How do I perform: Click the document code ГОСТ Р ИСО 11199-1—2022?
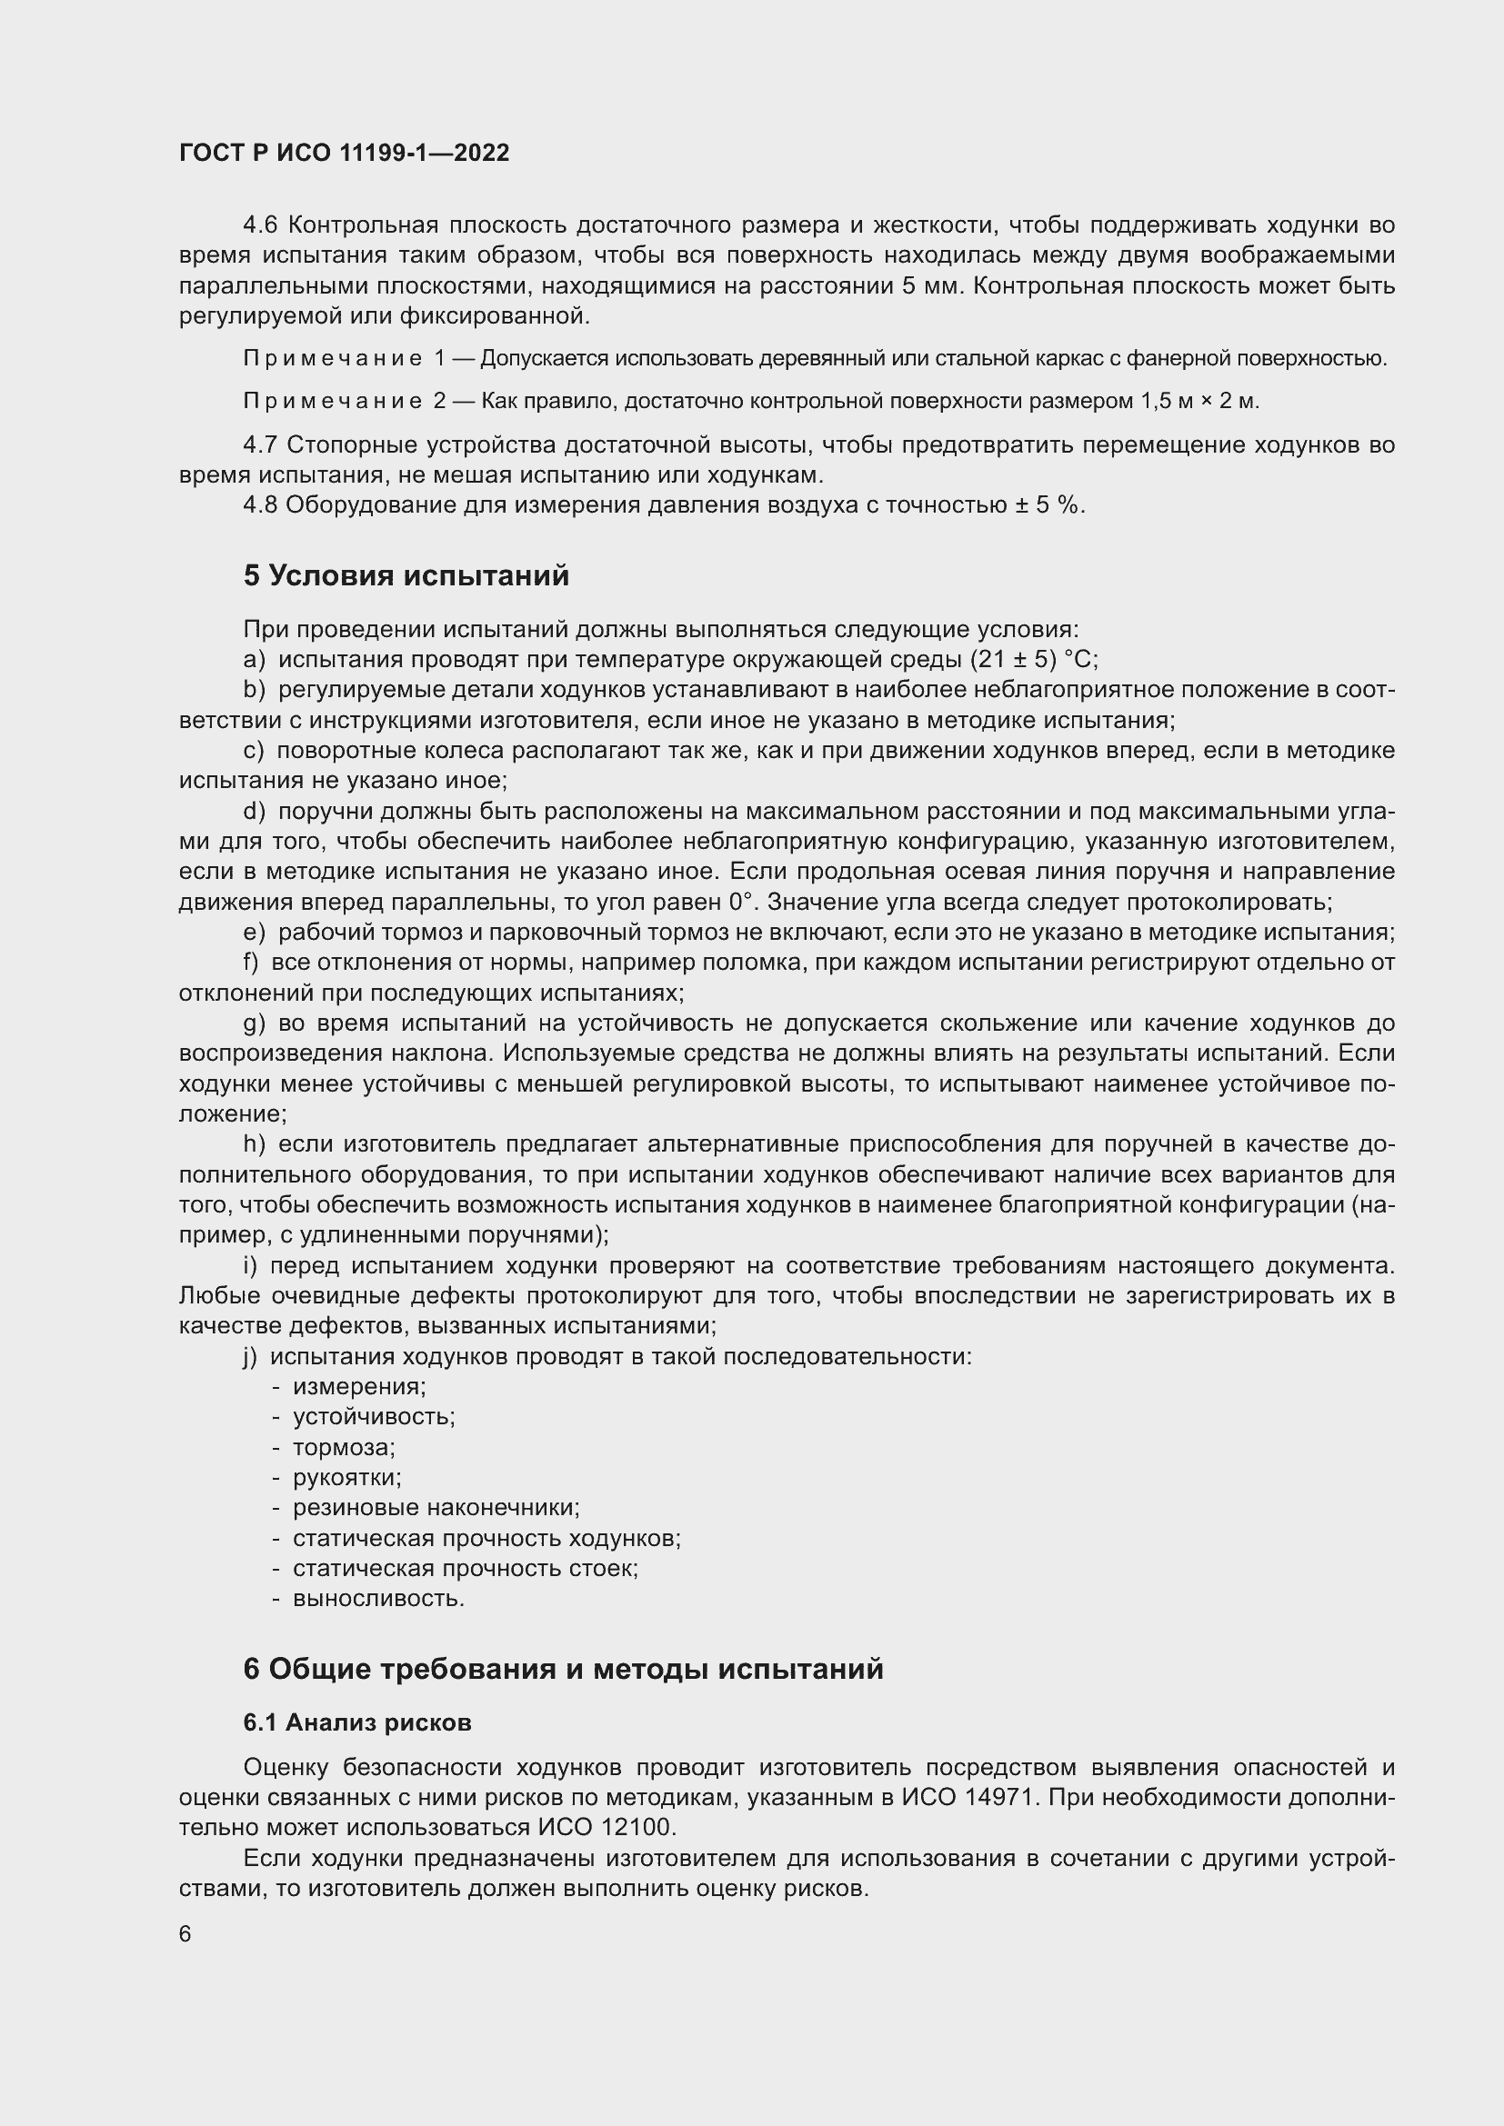pos(344,153)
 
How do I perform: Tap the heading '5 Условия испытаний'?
pos(406,576)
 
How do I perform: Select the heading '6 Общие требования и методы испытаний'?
pos(563,1669)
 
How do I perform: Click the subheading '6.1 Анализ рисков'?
pos(357,1722)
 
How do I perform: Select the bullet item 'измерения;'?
pos(359,1386)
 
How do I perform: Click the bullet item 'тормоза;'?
pos(344,1447)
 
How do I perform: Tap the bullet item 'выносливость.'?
pos(379,1598)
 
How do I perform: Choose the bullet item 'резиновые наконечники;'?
pos(436,1507)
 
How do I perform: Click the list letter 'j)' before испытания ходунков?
pos(250,1356)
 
